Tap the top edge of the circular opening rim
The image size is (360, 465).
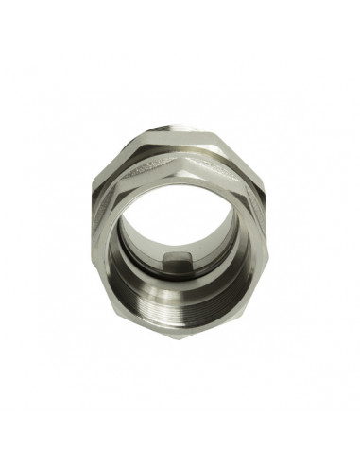(x=180, y=176)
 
